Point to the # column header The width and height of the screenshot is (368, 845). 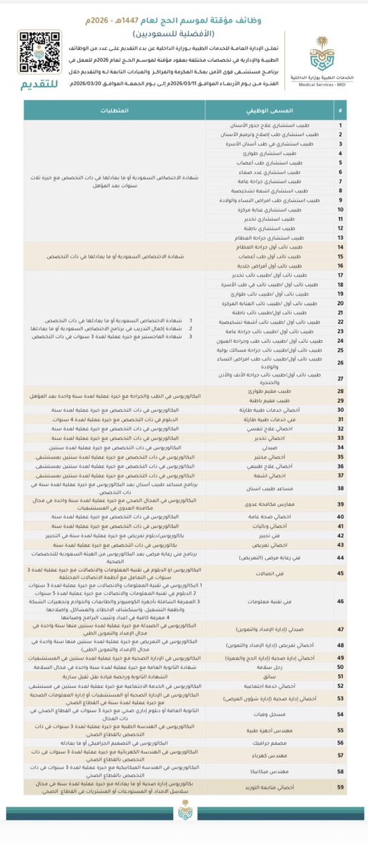click(x=340, y=112)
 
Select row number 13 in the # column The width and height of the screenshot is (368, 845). click(x=340, y=239)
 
